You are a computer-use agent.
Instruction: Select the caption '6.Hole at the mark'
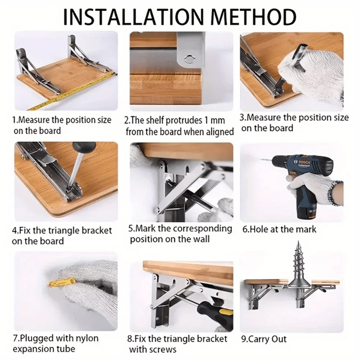279,229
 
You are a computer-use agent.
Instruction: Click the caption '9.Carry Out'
264,339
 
